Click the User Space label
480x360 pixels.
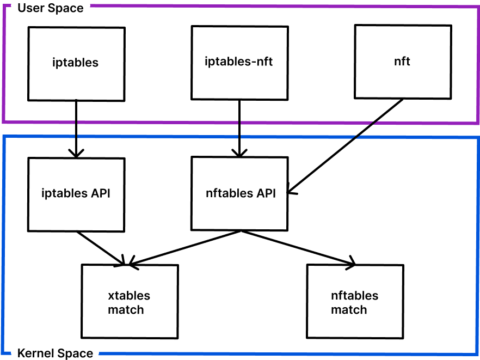pyautogui.click(x=51, y=8)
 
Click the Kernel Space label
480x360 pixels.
pyautogui.click(x=55, y=353)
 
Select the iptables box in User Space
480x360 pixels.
pyautogui.click(x=76, y=64)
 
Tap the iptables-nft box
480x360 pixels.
pyautogui.click(x=239, y=63)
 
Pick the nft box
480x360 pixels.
pyautogui.click(x=403, y=62)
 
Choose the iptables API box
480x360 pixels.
pyautogui.click(x=76, y=194)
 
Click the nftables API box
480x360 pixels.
pyautogui.click(x=239, y=194)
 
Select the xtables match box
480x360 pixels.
pyautogui.click(x=130, y=302)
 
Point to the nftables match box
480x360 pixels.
pyautogui.click(x=355, y=302)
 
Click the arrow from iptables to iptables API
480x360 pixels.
pyautogui.click(x=76, y=129)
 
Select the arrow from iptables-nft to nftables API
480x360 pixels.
pyautogui.click(x=239, y=129)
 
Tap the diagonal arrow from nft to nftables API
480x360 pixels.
pyautogui.click(x=345, y=146)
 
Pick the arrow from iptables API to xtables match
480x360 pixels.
pyautogui.click(x=101, y=248)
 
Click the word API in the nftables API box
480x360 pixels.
pyautogui.click(x=266, y=193)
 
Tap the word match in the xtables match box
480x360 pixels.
pyautogui.click(x=126, y=310)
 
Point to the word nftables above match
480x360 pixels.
pyautogui.click(x=354, y=296)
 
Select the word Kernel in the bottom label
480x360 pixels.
pyautogui.click(x=34, y=353)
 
